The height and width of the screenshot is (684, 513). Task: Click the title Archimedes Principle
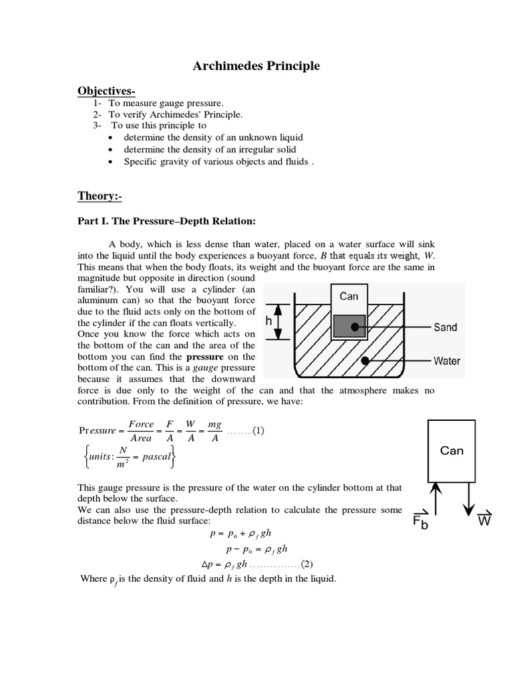click(x=256, y=66)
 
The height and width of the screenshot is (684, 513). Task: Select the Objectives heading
click(x=107, y=90)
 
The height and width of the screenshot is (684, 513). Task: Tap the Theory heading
click(x=100, y=196)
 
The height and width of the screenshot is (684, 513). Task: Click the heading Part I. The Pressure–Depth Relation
click(x=166, y=220)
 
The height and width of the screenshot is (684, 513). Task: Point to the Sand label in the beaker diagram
click(x=445, y=327)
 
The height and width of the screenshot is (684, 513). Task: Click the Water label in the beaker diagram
click(x=446, y=361)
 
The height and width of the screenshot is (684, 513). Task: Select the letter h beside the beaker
click(x=269, y=321)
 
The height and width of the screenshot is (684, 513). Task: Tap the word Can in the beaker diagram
click(x=349, y=296)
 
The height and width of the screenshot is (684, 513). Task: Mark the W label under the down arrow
click(x=484, y=520)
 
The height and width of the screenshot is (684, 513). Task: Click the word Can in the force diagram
click(x=452, y=451)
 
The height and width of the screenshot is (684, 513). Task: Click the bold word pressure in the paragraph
click(x=205, y=357)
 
